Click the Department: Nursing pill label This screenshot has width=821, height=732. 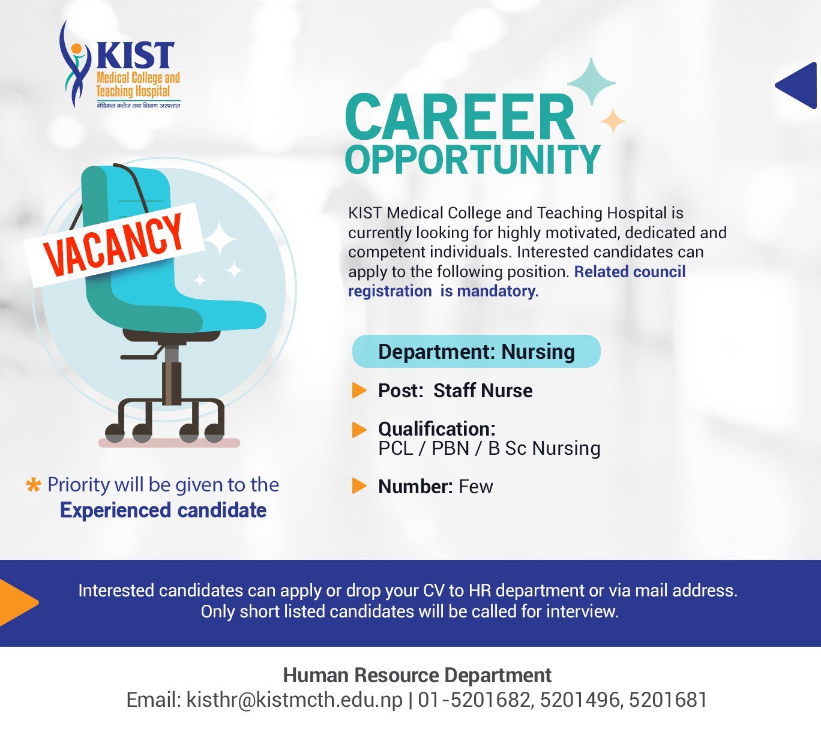tap(476, 351)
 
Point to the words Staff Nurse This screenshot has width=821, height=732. tap(483, 391)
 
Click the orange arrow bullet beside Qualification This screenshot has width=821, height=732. tap(359, 430)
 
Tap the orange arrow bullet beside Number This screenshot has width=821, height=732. tap(359, 486)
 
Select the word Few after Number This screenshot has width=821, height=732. tap(476, 487)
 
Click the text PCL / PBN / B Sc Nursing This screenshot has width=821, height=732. tap(489, 448)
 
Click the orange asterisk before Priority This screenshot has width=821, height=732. tap(33, 485)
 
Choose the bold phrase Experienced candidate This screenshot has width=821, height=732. tap(163, 511)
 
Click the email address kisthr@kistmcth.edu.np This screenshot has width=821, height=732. tap(294, 700)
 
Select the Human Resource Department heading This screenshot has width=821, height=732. tap(417, 675)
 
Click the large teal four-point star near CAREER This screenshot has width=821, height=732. tap(592, 82)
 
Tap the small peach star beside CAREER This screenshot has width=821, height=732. tap(613, 120)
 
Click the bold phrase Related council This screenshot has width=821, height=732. tap(630, 271)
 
